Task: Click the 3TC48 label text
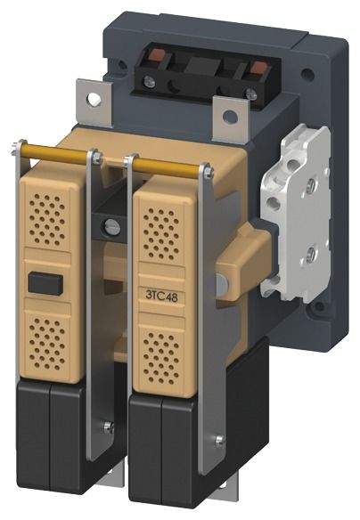(161, 296)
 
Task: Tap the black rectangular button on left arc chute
(45, 284)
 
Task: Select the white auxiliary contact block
(296, 213)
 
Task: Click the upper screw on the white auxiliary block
(311, 182)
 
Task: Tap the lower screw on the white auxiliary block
(310, 255)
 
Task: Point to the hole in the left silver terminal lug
(94, 99)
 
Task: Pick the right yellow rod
(168, 166)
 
